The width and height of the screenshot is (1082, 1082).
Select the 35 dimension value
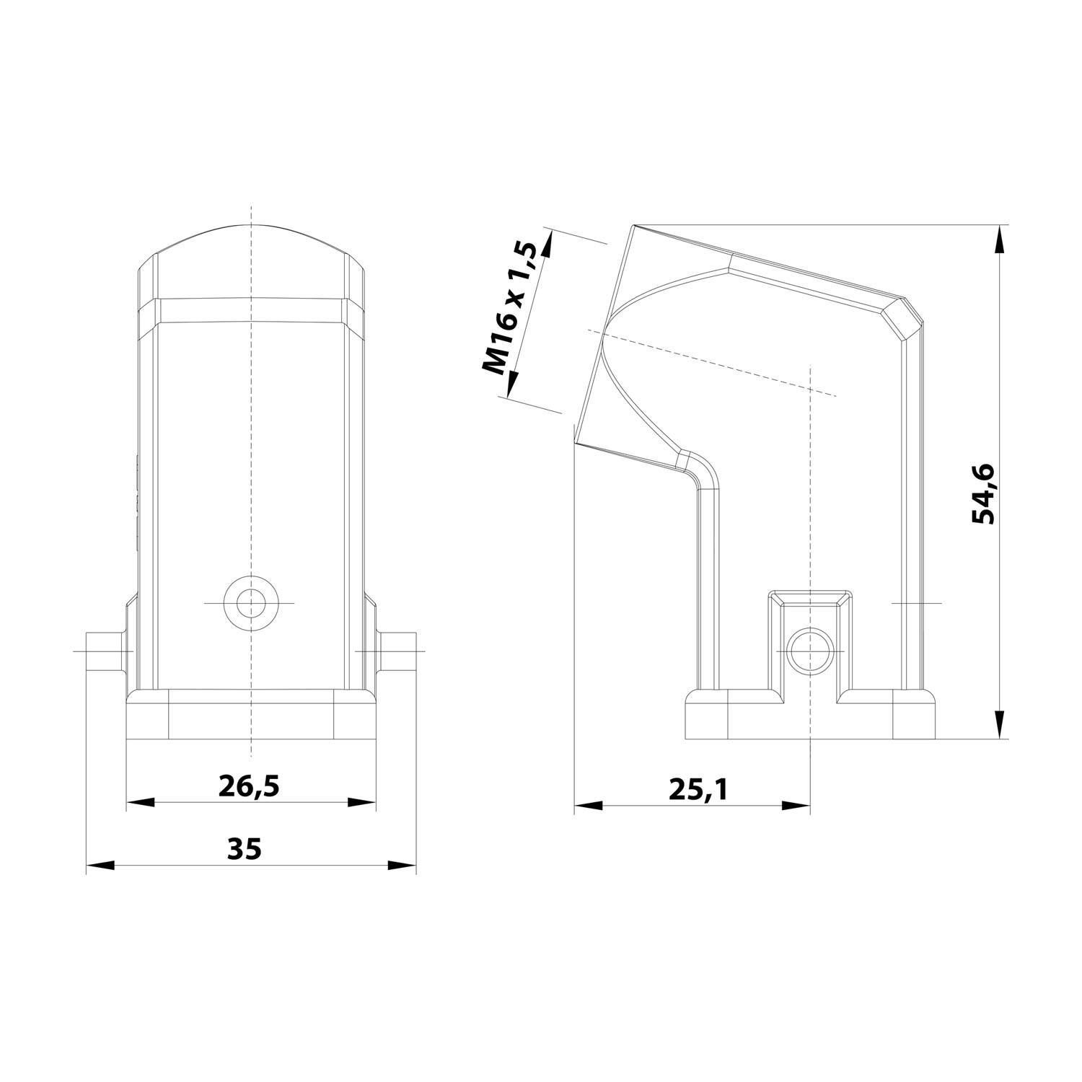[x=244, y=849]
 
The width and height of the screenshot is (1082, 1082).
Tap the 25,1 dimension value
[x=698, y=790]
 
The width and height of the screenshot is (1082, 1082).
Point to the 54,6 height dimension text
[x=983, y=493]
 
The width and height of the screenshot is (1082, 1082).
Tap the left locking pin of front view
[x=105, y=651]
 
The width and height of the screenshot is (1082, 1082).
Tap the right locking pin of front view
[x=396, y=651]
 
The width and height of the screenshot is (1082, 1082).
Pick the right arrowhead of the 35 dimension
[x=403, y=865]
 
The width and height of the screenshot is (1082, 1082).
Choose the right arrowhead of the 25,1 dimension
[x=796, y=805]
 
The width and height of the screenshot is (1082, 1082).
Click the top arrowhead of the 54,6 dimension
[x=999, y=239]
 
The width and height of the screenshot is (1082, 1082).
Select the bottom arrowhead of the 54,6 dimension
[x=999, y=725]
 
